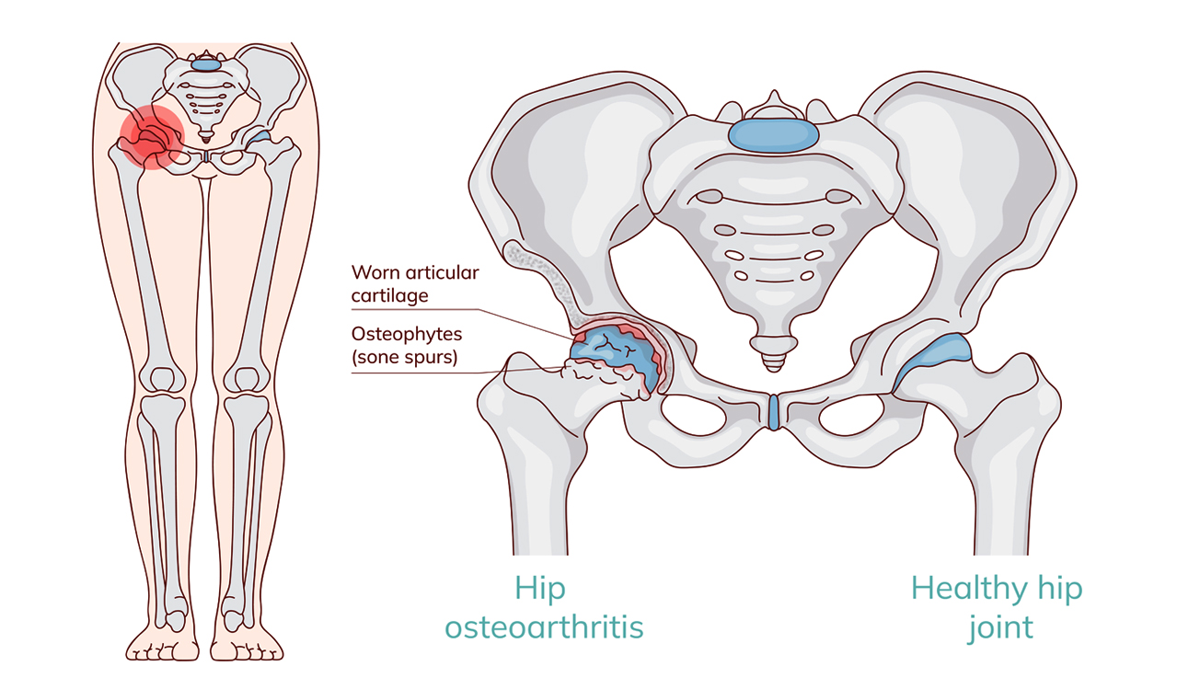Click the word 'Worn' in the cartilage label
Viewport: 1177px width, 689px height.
tap(375, 273)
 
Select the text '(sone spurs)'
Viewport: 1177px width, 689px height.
tap(404, 357)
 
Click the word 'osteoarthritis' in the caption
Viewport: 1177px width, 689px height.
tap(543, 627)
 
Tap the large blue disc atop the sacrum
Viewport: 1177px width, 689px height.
tap(772, 135)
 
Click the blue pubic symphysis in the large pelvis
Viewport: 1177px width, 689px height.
tap(773, 412)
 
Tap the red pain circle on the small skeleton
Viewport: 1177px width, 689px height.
tap(149, 138)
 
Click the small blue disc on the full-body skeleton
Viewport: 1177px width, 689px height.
tap(206, 63)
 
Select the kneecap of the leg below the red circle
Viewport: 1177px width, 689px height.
tap(163, 379)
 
